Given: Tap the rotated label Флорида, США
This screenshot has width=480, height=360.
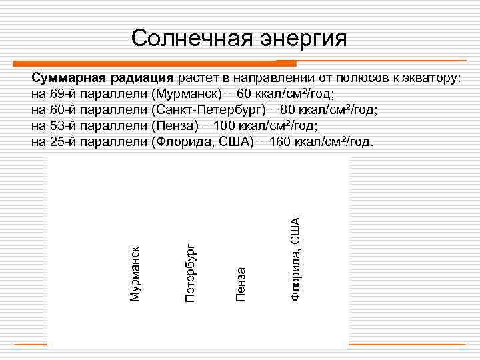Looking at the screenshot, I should (x=294, y=254).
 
